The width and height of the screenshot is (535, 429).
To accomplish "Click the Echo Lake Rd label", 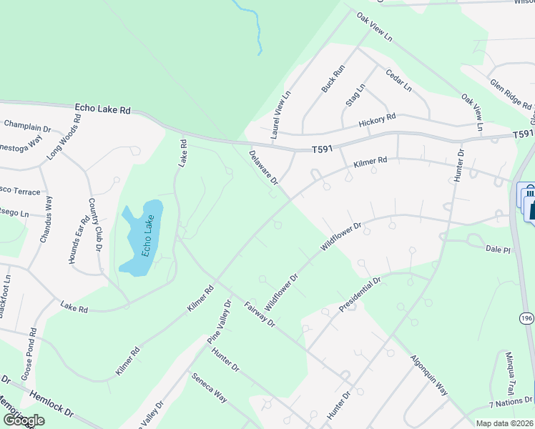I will coord(103,110).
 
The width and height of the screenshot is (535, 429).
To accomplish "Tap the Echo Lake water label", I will coord(147,235).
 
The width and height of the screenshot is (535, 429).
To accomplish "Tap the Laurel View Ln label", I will coord(280,114).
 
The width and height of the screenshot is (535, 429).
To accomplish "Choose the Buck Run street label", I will coord(333,78).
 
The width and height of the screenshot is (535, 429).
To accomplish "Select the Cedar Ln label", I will coord(398,80).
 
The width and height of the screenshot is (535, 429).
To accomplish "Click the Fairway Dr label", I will coord(259,312).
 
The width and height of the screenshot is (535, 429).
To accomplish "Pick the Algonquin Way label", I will coord(429,375).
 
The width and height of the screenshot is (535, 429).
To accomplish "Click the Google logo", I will coord(23,421).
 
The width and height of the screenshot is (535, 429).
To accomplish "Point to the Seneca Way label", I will coord(208,386).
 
